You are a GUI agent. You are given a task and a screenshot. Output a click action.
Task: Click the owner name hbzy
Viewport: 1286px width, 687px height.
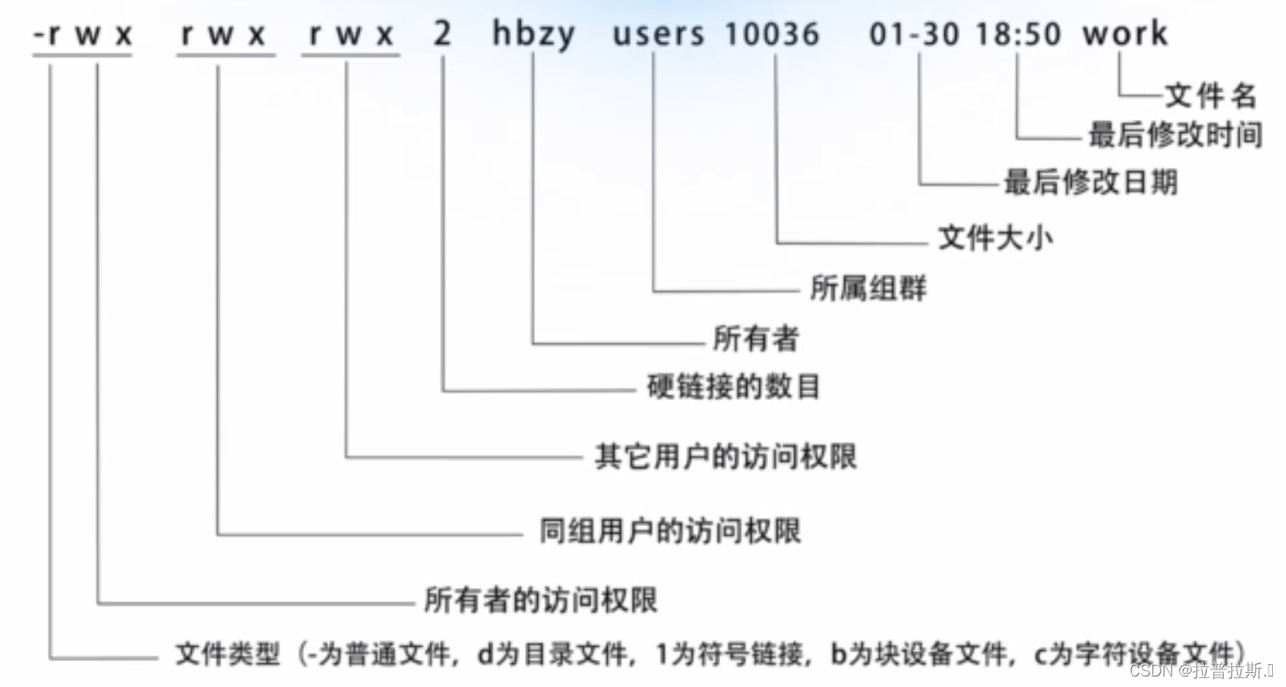tap(534, 34)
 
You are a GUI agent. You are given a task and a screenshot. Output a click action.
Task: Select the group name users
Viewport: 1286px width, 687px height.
tap(658, 34)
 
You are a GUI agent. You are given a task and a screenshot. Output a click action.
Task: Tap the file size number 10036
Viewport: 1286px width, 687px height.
tap(772, 34)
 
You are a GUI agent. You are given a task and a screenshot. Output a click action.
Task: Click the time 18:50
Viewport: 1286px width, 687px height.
tap(1018, 34)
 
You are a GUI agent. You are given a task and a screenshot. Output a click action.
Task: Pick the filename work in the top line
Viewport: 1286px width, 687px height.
tap(1124, 34)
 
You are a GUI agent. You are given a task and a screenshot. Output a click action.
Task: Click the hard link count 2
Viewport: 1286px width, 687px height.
tap(443, 34)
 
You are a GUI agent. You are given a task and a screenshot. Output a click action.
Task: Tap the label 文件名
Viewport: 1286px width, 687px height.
tap(1210, 95)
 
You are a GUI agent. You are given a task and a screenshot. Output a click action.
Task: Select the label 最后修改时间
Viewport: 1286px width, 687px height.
tap(1175, 136)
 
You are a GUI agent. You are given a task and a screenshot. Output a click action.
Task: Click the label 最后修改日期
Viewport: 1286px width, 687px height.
tap(1090, 182)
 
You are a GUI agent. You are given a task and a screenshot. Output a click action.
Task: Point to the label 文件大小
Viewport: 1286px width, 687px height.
tap(996, 238)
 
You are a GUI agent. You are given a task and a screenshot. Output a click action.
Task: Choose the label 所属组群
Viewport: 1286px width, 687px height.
tap(868, 289)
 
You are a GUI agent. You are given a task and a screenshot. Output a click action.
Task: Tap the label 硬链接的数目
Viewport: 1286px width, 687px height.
tap(733, 387)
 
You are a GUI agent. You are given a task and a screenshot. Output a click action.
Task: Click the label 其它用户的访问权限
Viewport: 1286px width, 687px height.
tap(725, 456)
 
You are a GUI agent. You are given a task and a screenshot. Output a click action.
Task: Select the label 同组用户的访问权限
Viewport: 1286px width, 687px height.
tap(669, 531)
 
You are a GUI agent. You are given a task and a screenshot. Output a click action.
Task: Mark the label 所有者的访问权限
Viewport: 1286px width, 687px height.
tap(541, 600)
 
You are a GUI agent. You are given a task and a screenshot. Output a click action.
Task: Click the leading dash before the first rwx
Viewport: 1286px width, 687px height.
tap(38, 36)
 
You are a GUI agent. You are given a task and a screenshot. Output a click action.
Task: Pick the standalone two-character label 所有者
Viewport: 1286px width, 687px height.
tap(756, 339)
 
